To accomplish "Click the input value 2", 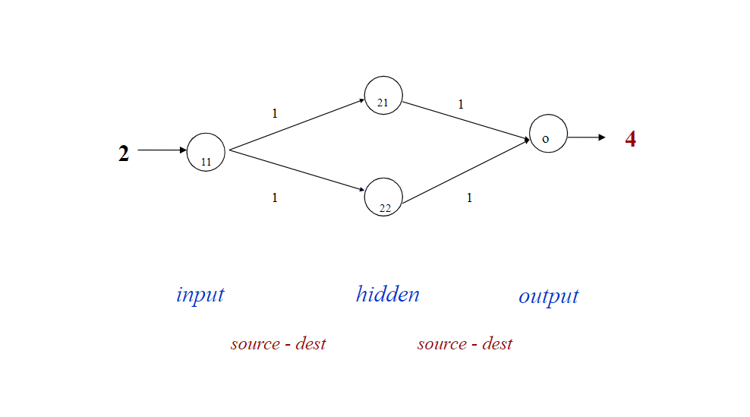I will [124, 153].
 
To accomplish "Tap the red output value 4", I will [630, 139].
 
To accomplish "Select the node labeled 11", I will [206, 152].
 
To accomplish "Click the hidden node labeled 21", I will [383, 96].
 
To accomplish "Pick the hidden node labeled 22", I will [383, 197].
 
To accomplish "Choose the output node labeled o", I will [548, 134].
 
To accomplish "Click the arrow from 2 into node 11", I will [162, 150].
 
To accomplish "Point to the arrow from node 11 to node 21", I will [296, 125].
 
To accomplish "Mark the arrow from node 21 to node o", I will [465, 120].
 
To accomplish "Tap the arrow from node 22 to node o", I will [465, 171].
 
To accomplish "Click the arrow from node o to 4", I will [586, 137].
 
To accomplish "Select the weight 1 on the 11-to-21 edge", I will [275, 113].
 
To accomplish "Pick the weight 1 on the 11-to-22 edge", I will [275, 197].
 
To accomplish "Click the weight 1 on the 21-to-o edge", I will [460, 105].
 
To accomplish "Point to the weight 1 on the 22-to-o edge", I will [469, 197].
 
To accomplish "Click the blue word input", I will [200, 295].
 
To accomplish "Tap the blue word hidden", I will [387, 294].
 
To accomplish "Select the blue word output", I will [548, 296].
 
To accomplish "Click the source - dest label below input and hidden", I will [278, 343].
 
